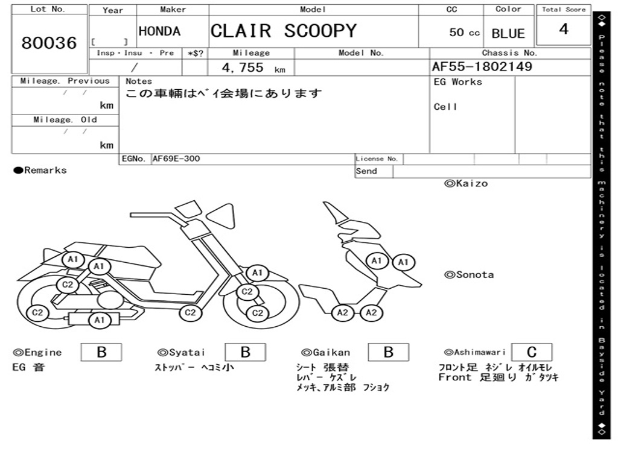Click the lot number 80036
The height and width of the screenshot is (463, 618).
pyautogui.click(x=49, y=43)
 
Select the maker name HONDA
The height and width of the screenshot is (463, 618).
pyautogui.click(x=159, y=31)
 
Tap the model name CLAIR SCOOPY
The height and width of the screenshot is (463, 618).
pyautogui.click(x=284, y=31)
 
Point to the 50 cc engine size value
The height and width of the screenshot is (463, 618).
pyautogui.click(x=464, y=33)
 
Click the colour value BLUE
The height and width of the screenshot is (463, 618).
pyautogui.click(x=508, y=34)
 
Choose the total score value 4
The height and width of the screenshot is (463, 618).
pyautogui.click(x=564, y=30)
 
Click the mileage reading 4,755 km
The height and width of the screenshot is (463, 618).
pyautogui.click(x=252, y=68)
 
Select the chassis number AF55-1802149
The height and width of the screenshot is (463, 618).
pyautogui.click(x=482, y=67)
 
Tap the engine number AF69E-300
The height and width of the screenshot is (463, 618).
pyautogui.click(x=176, y=159)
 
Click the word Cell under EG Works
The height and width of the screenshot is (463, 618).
pyautogui.click(x=445, y=107)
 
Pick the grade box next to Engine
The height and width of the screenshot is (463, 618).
pyautogui.click(x=101, y=352)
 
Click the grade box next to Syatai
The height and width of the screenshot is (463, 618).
pyautogui.click(x=245, y=352)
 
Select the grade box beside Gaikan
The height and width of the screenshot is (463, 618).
pyautogui.click(x=388, y=352)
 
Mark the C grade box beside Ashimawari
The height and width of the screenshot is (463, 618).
pyautogui.click(x=531, y=352)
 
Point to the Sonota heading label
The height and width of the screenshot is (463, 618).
pyautogui.click(x=469, y=275)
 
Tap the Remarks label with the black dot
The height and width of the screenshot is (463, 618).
pyautogui.click(x=40, y=171)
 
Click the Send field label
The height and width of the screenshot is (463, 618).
pyautogui.click(x=366, y=171)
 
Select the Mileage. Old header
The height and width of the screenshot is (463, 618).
pyautogui.click(x=66, y=120)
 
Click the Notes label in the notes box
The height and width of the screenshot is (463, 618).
pyautogui.click(x=139, y=81)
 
